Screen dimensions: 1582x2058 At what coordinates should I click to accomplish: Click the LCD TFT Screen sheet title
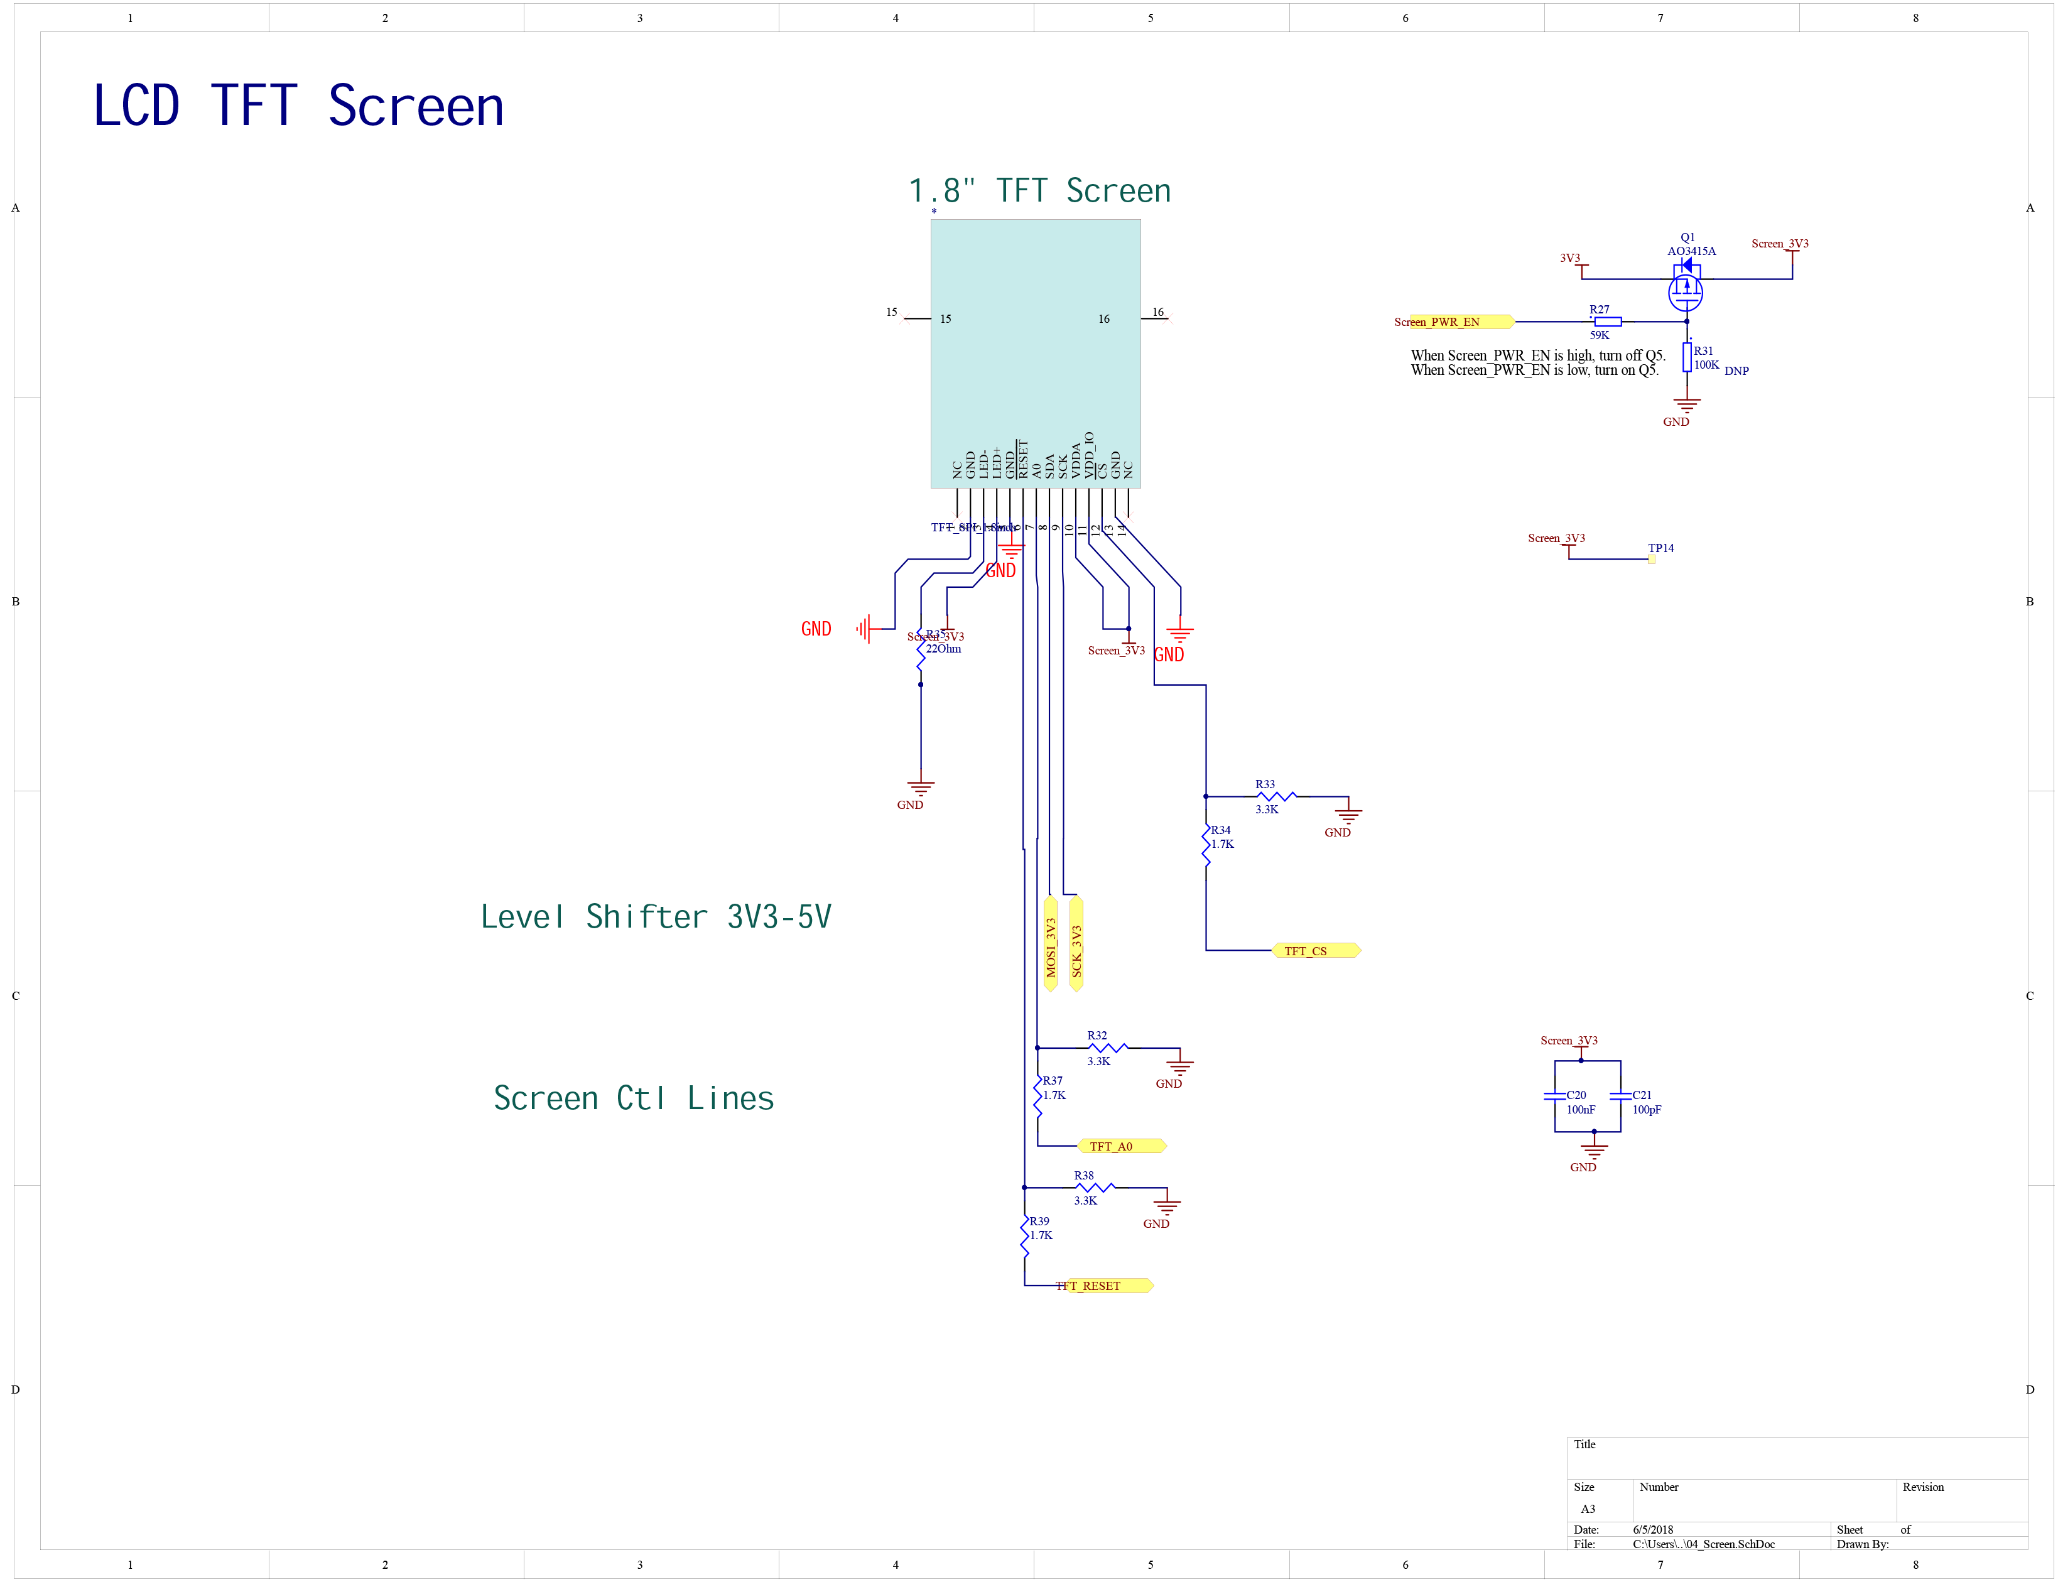[298, 106]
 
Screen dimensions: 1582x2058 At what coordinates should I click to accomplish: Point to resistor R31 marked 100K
[1686, 358]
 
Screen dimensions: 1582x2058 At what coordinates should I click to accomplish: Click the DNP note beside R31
[1735, 371]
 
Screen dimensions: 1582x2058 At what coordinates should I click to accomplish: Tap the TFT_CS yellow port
[1314, 951]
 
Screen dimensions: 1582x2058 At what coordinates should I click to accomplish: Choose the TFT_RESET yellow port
[1102, 1286]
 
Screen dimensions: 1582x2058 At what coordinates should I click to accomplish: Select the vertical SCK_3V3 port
[1075, 945]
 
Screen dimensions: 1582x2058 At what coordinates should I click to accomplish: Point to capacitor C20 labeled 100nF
[1554, 1096]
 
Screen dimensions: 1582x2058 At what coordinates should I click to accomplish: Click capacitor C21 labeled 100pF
[1620, 1096]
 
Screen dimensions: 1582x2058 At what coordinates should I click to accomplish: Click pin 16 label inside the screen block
[1103, 319]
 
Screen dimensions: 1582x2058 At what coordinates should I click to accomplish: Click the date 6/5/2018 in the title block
[1652, 1529]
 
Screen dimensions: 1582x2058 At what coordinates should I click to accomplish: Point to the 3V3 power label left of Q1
[1569, 258]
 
